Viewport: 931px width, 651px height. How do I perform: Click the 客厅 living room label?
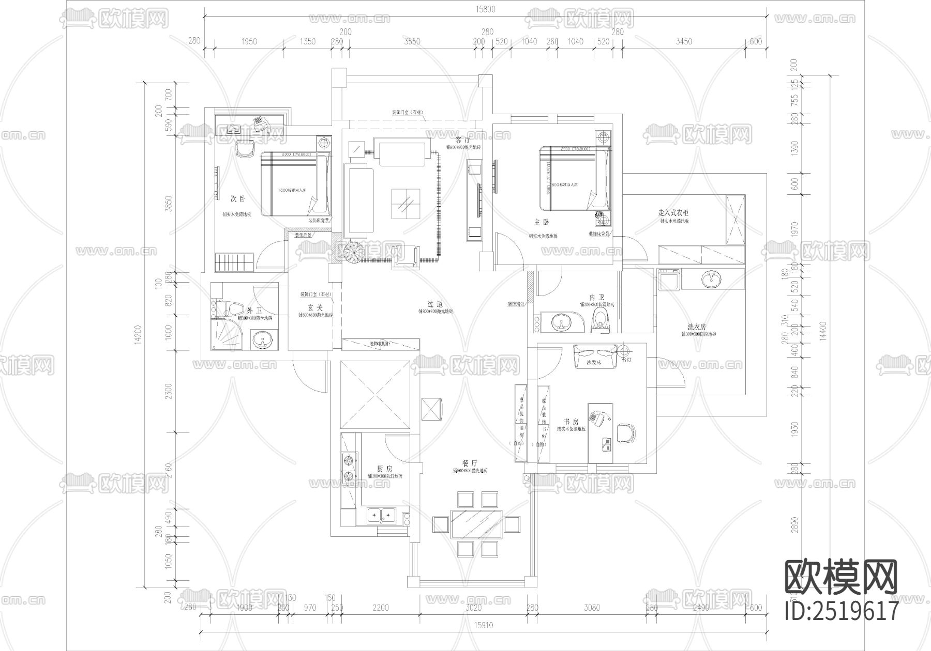(x=462, y=140)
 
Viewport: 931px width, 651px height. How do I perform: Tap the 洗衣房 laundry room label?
(x=696, y=327)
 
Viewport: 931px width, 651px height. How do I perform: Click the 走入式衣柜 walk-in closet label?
(x=673, y=213)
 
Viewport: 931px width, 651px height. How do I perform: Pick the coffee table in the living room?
(x=406, y=204)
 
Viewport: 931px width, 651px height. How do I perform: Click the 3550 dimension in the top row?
(x=412, y=41)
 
